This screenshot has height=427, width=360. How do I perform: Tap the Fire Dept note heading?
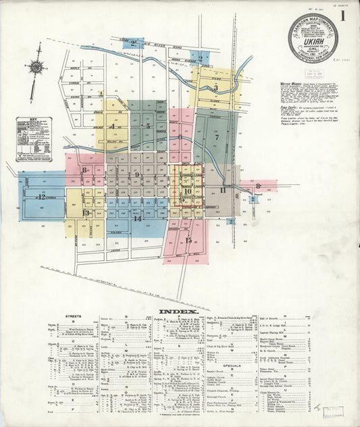point(289,105)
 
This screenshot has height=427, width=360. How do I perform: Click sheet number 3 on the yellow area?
point(215,87)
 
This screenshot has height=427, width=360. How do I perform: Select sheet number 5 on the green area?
point(147,125)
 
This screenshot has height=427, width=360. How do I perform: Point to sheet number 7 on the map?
point(217,137)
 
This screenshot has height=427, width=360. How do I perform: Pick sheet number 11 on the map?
point(223,190)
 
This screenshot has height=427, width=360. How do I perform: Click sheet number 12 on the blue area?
point(41,197)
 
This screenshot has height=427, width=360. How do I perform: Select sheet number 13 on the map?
point(85,213)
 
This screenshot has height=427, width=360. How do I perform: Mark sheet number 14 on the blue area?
point(137,218)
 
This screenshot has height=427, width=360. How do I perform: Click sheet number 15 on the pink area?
point(188,240)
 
